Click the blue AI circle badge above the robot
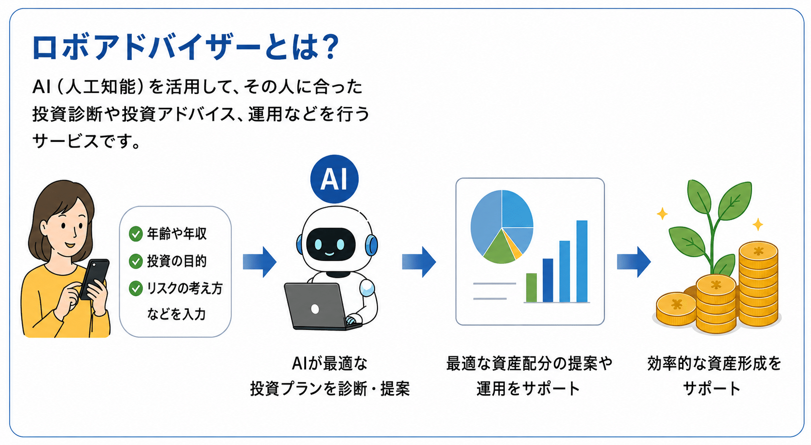click(334, 179)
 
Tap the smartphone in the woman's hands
click(94, 279)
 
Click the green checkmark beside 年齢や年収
click(136, 234)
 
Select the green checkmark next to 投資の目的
click(136, 261)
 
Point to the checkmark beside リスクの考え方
click(136, 288)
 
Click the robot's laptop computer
click(319, 306)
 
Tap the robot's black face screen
click(330, 244)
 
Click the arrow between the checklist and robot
click(260, 262)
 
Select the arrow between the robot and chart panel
click(419, 262)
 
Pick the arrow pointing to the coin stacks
click(634, 262)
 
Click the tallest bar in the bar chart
click(582, 261)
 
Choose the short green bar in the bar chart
click(531, 287)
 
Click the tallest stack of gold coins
click(758, 284)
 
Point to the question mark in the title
click(329, 47)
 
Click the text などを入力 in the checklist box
click(176, 314)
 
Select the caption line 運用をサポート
click(528, 389)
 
